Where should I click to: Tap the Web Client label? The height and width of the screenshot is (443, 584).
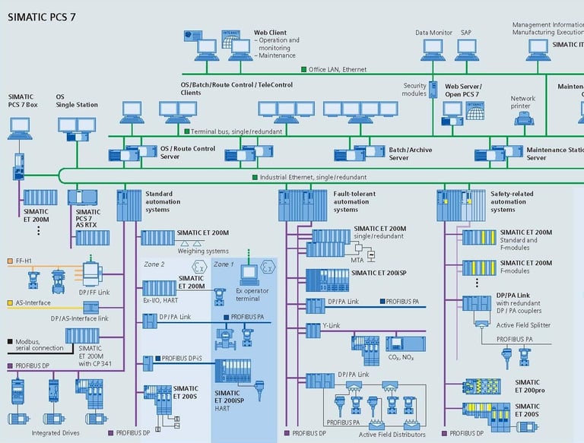(270, 33)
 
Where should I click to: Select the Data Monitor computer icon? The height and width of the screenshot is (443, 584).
(433, 49)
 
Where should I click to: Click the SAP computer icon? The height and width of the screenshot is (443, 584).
(465, 49)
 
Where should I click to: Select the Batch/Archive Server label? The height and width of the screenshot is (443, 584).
(411, 153)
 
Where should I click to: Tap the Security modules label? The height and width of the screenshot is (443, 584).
(414, 90)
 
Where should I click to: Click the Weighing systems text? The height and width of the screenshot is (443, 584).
(203, 251)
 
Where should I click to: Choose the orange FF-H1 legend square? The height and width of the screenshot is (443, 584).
(10, 261)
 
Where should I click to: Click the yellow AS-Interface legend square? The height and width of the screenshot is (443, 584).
(10, 302)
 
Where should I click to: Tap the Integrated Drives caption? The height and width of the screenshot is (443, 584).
(57, 433)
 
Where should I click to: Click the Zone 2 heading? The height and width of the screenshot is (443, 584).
(154, 264)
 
